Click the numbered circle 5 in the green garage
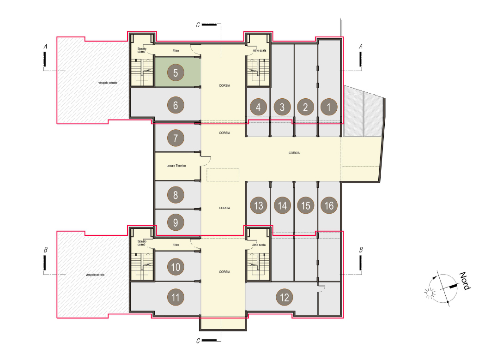coord(176,72)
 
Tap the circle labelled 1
coord(329,107)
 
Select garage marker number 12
coord(285,297)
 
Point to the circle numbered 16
coord(329,205)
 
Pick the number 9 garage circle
coord(176,222)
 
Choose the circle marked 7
coord(176,138)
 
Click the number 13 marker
coord(259,205)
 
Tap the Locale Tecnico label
coord(176,166)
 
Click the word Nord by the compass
coord(465,281)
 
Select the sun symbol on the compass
coord(430,293)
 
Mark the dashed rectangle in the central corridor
coord(223,174)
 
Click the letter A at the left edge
coord(45,47)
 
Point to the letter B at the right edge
coord(361,250)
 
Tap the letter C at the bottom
coord(198,341)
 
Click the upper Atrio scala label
coord(260,50)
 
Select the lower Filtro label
coord(176,245)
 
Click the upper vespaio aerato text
coord(108,83)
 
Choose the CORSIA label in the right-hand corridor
coord(294,153)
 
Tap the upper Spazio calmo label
coord(142,50)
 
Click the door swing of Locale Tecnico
coord(206,161)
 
